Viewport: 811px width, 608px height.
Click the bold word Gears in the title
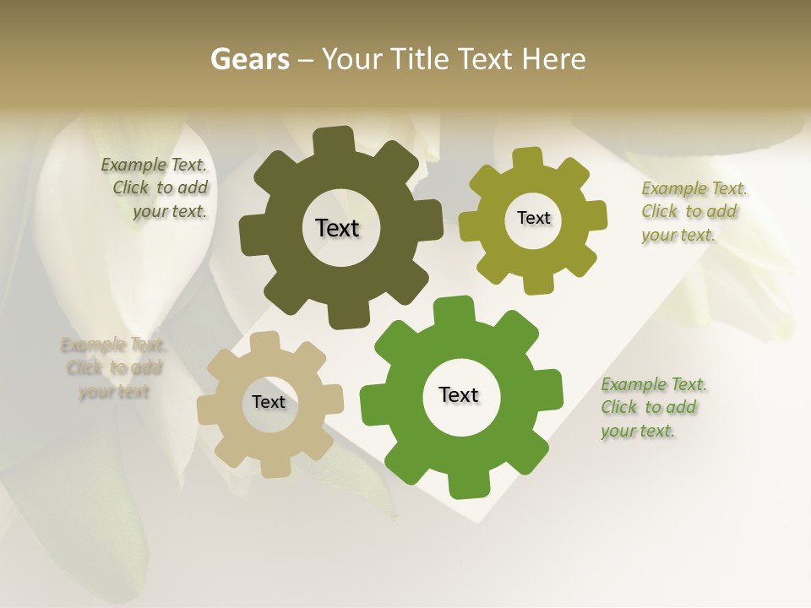click(x=250, y=59)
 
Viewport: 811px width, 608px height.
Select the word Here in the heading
click(x=553, y=59)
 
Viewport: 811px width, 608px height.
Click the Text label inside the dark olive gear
click(x=337, y=228)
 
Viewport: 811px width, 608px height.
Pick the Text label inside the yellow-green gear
click(x=533, y=218)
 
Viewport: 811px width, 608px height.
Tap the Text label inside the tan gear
click(x=268, y=402)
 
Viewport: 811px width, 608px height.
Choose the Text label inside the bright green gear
click(x=459, y=394)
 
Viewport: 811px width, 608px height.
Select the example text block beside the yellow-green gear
click(x=693, y=211)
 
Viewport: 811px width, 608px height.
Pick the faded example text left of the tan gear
click(x=114, y=368)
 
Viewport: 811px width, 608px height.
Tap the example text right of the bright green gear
click(x=652, y=407)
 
